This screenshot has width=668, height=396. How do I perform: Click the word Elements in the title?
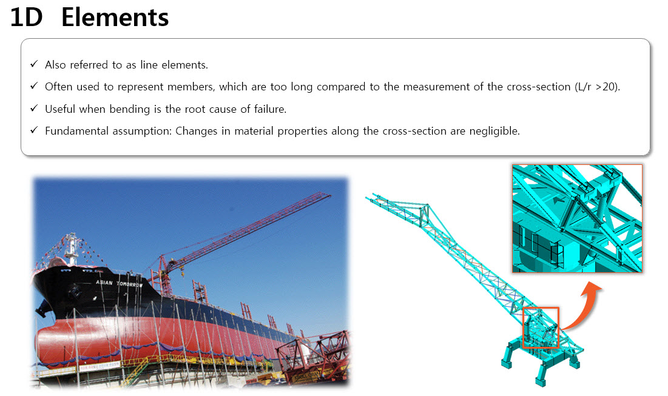115,18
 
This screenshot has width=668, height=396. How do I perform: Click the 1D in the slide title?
27,18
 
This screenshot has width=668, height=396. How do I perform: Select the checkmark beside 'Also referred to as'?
34,64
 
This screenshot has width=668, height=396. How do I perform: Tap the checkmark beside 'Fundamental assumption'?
34,130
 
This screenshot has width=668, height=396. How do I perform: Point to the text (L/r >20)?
598,87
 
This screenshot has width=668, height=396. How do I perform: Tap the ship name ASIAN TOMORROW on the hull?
120,283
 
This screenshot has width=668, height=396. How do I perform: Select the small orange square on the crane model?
541,328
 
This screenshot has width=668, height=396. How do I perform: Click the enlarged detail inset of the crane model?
577,218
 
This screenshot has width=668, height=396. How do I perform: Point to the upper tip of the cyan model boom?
369,198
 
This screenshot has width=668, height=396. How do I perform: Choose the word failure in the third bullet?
270,109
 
